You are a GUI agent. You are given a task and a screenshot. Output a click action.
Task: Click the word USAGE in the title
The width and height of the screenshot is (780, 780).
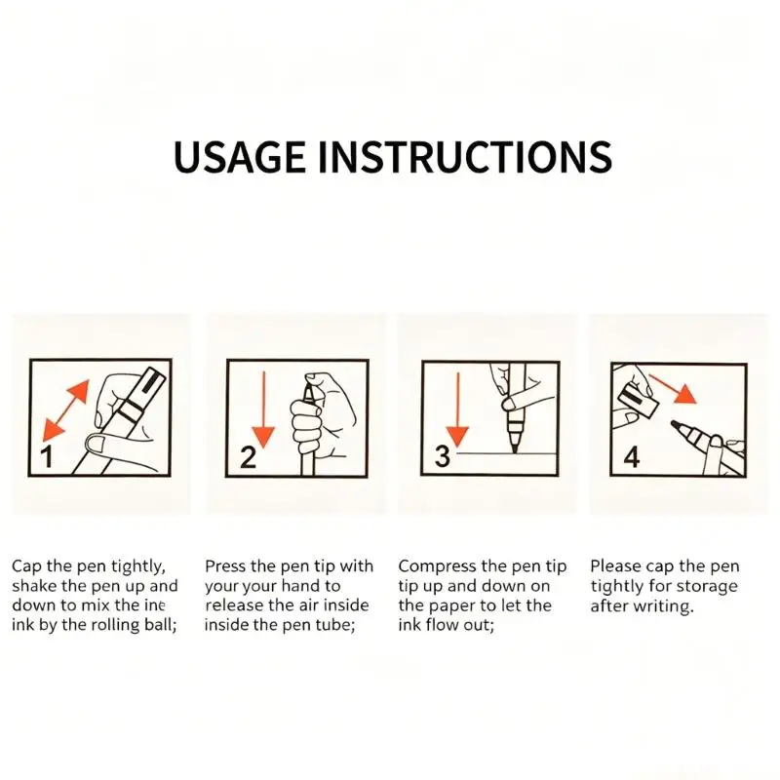tap(239, 157)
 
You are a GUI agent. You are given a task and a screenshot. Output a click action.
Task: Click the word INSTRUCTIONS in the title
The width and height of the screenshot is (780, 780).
tap(465, 157)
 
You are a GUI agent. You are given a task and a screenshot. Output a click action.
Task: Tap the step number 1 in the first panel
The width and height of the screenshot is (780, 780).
tap(47, 457)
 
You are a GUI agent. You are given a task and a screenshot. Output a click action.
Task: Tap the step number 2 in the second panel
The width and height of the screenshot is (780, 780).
tap(248, 457)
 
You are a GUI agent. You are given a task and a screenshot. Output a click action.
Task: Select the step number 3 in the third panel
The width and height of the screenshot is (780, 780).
tap(443, 456)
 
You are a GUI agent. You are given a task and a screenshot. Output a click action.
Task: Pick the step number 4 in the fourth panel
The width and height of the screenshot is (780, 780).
tap(631, 456)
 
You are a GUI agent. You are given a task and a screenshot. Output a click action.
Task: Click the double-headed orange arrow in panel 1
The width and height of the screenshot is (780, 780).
tap(65, 410)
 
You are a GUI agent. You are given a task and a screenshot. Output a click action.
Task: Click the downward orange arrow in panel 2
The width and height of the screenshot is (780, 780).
tap(263, 409)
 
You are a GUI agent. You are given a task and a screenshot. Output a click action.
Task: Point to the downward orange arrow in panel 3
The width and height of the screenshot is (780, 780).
tap(457, 409)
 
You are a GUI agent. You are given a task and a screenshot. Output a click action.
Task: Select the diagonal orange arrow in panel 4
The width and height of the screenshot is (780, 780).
tap(673, 389)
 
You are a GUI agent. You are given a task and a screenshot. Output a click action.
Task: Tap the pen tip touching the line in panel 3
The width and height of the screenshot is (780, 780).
tap(515, 446)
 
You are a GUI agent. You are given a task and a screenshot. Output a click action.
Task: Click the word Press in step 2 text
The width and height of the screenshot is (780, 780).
tap(225, 566)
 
